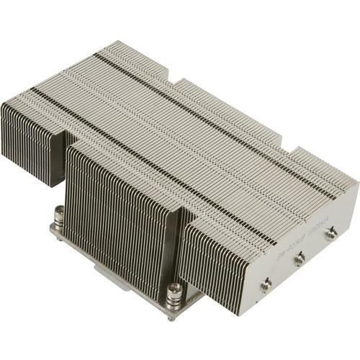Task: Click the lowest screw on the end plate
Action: point(266,284)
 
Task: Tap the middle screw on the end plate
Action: point(300,258)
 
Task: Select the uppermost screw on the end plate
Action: point(332,233)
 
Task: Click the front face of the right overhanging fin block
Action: point(216,259)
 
